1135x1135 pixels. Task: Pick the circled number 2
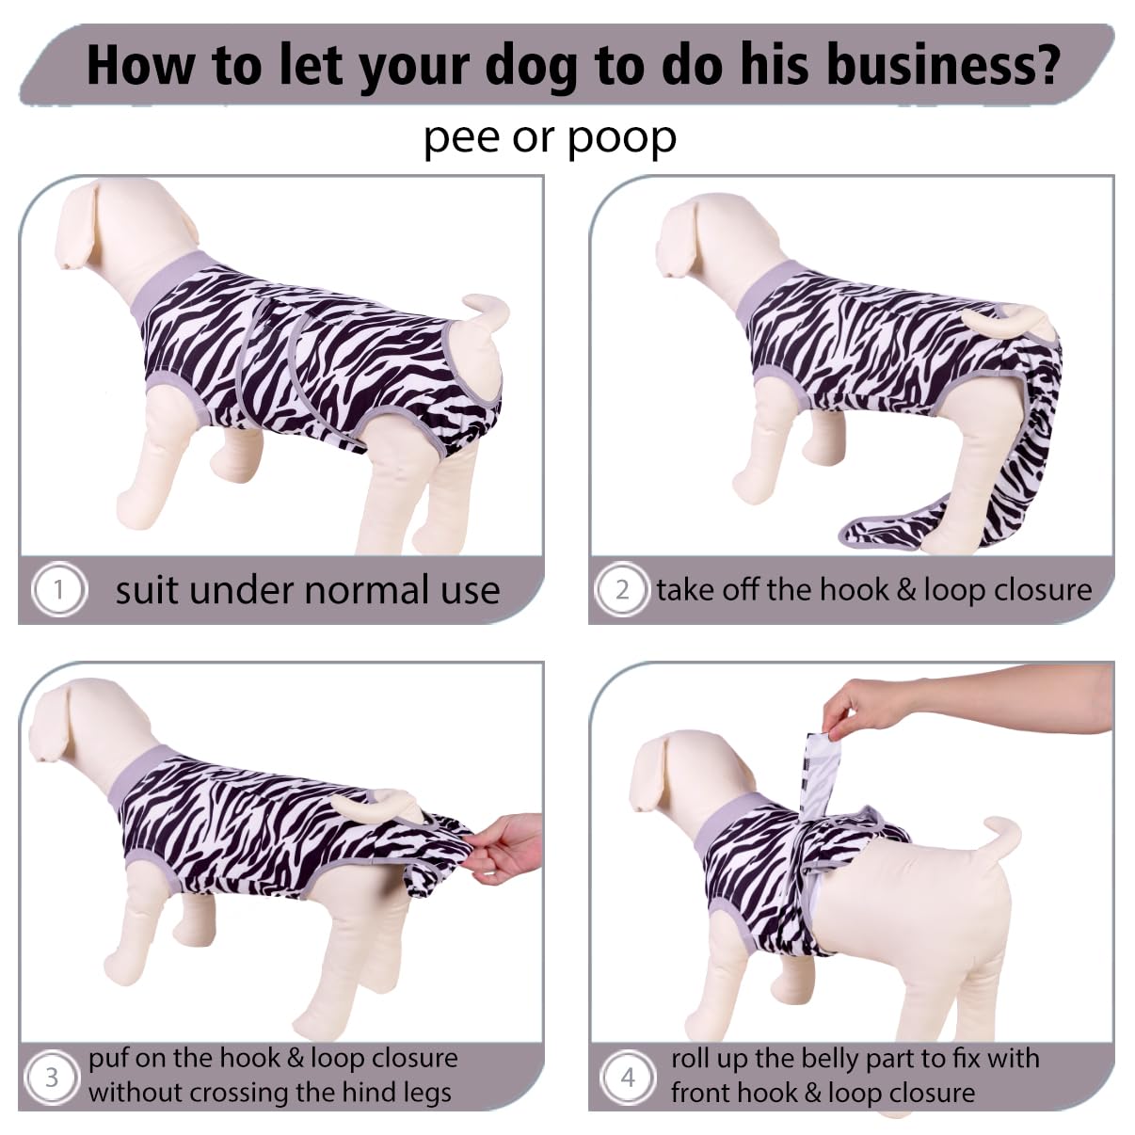tap(622, 589)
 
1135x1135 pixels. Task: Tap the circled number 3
tap(51, 1078)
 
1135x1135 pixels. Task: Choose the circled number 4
tap(628, 1078)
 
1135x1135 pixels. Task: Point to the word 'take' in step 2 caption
tap(686, 589)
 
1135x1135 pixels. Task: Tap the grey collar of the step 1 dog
tap(162, 286)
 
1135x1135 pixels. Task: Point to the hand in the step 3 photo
tap(507, 849)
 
